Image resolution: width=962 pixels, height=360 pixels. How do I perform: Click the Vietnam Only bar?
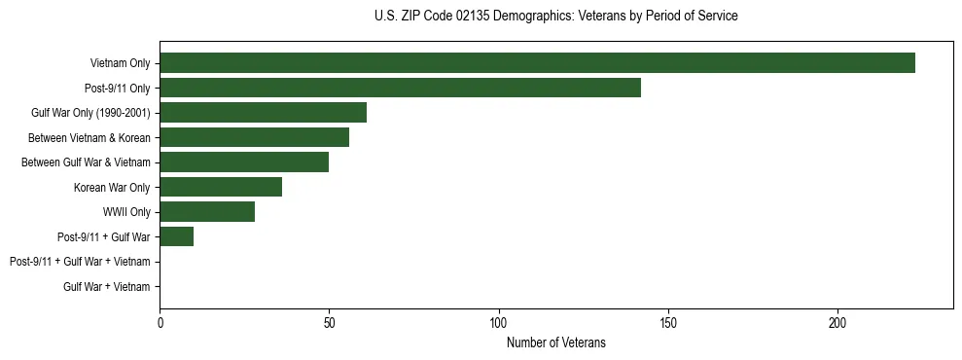(537, 63)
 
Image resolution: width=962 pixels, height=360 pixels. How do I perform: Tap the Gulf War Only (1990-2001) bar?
(263, 113)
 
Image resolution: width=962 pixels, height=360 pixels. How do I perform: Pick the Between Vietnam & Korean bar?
(254, 137)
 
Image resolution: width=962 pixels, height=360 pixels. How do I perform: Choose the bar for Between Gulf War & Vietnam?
(244, 162)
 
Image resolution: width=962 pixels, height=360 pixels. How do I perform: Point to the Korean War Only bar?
(221, 187)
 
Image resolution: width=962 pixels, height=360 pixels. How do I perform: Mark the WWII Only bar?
(207, 212)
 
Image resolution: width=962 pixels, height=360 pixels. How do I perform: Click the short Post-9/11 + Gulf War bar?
(176, 236)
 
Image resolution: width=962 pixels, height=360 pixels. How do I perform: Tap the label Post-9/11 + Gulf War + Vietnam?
(80, 262)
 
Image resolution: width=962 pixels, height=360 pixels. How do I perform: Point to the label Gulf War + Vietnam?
(107, 286)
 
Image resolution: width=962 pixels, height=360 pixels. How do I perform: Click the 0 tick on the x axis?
(160, 322)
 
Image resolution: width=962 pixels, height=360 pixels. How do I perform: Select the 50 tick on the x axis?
(329, 322)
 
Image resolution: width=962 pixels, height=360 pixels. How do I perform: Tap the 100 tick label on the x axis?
(499, 322)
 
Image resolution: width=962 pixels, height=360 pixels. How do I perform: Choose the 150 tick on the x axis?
(668, 322)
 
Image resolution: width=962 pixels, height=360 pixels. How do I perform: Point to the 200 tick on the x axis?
(837, 322)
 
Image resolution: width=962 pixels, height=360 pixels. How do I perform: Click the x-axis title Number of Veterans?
(556, 342)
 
